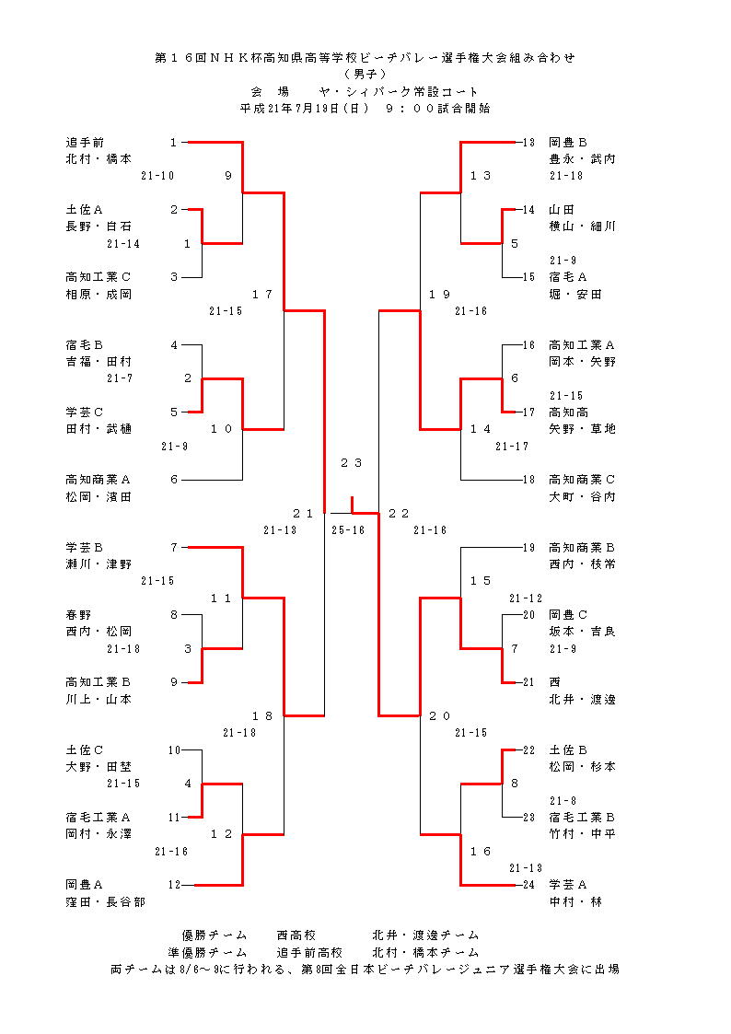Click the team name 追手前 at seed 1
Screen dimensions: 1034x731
coord(85,143)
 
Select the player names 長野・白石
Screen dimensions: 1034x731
coord(99,227)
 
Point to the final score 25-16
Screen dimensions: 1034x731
coord(350,530)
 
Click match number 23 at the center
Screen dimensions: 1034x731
coord(351,463)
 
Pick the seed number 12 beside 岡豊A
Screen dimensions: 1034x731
coord(174,885)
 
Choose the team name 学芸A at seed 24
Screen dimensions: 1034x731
coord(568,885)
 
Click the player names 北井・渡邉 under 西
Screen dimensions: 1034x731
coord(582,700)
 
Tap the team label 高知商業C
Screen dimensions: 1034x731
coord(582,480)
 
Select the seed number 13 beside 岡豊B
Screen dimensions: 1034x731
coord(528,143)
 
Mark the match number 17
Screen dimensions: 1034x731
coord(262,295)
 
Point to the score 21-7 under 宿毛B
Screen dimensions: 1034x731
coord(120,378)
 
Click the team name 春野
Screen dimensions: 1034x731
coord(78,615)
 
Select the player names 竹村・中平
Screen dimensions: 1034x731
coord(582,834)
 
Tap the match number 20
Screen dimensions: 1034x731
coord(440,716)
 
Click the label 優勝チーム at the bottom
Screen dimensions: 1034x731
coord(215,935)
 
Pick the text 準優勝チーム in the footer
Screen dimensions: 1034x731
coord(207,952)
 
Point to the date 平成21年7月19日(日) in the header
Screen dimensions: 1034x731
coord(305,108)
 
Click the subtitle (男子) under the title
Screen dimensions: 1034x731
coord(365,74)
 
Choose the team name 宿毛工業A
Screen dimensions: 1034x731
coord(99,818)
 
